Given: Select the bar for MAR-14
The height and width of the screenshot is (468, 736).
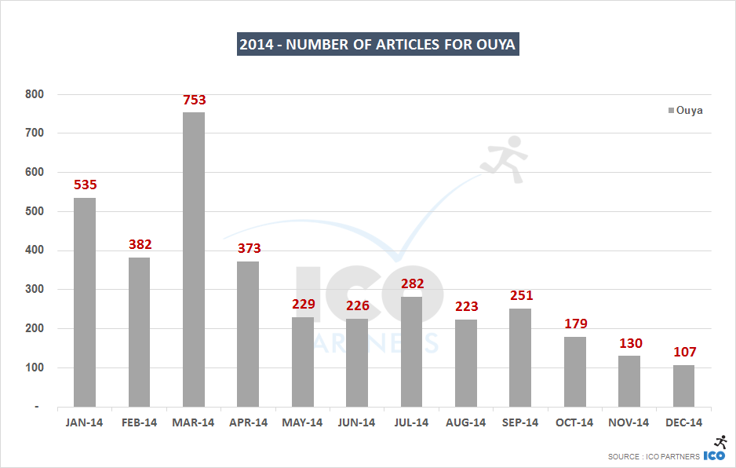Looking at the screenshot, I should (194, 259).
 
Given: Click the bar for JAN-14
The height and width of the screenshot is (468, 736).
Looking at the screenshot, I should (85, 302).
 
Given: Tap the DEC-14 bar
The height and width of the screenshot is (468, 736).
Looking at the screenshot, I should (683, 386).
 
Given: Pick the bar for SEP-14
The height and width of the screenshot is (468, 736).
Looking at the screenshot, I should (520, 357).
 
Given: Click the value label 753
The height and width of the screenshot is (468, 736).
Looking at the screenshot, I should (194, 100).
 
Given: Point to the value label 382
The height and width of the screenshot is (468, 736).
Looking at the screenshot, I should (140, 245).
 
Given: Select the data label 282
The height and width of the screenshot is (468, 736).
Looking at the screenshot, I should (412, 284).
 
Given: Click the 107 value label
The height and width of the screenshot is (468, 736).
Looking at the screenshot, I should (684, 352).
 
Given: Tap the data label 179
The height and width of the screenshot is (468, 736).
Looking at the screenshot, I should (575, 324).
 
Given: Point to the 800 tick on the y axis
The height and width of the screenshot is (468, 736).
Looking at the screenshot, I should (35, 94).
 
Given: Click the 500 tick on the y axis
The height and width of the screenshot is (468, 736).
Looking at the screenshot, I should (35, 211).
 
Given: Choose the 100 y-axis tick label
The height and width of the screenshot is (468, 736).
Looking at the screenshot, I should (35, 367).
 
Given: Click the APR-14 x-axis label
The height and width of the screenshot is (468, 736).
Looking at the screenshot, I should (248, 422).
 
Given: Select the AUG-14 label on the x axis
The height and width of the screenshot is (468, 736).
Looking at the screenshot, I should (466, 422).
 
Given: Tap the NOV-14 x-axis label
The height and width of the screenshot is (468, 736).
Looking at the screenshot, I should (629, 422).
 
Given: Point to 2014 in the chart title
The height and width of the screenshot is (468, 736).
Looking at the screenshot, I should (257, 44).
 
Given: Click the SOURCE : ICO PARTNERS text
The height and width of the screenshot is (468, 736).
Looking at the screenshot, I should (654, 456).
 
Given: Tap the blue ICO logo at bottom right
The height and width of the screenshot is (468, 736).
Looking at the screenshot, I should (714, 455).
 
